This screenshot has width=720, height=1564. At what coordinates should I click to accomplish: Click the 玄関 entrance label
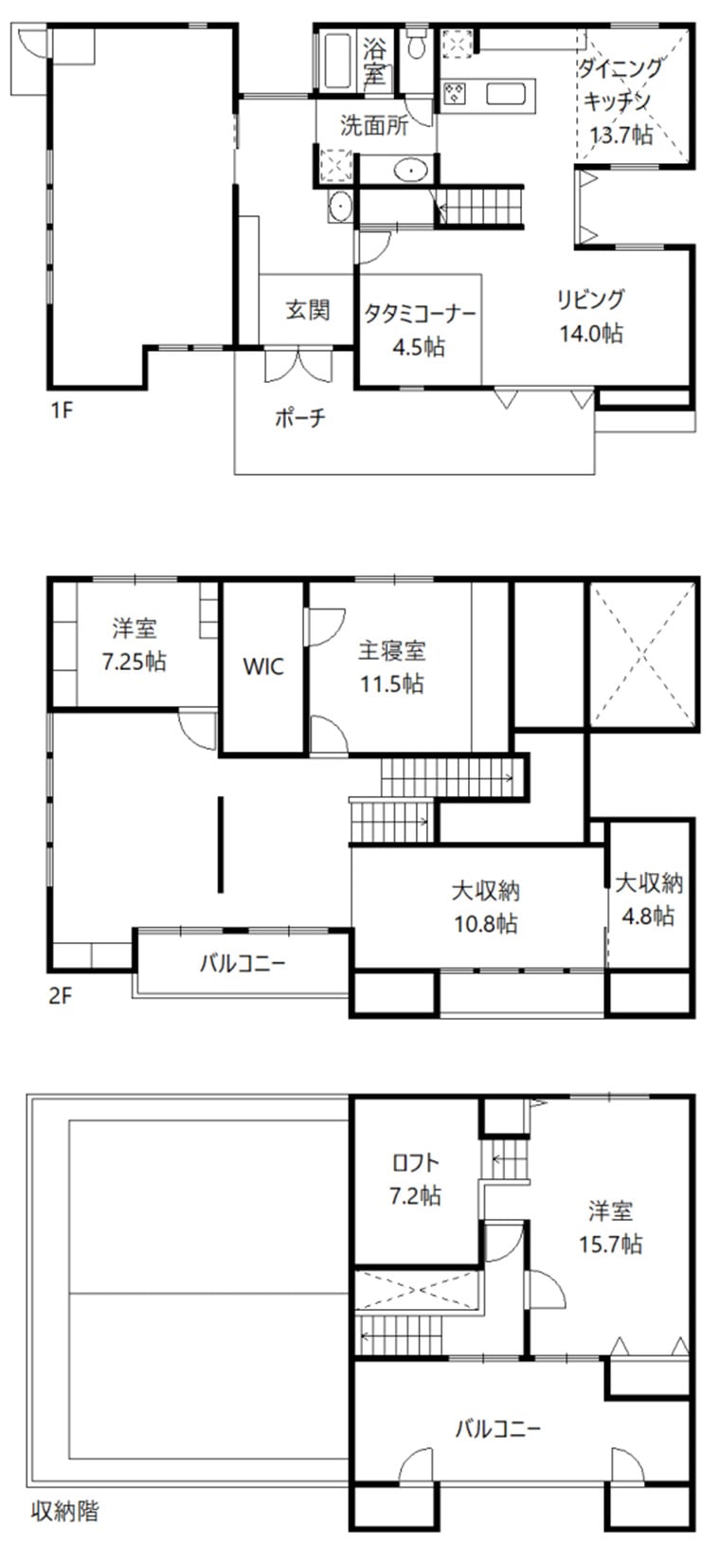tap(308, 309)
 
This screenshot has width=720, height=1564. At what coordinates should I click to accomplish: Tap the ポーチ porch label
tap(300, 417)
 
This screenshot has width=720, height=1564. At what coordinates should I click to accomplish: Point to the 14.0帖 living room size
tap(591, 333)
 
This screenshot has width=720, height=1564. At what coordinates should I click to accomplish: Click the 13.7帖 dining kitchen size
tap(621, 134)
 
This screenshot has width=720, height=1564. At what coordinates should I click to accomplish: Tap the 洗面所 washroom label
tap(374, 126)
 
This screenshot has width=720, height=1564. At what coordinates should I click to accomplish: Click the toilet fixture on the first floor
tap(417, 44)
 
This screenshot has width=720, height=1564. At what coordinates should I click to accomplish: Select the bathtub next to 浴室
tap(337, 61)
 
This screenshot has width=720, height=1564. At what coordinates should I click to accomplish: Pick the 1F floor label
tap(62, 409)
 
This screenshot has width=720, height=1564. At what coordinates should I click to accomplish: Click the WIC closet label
tap(263, 666)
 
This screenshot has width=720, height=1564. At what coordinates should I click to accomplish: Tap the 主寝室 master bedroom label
tap(391, 651)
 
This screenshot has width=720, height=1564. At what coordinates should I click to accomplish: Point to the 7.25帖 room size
tap(134, 661)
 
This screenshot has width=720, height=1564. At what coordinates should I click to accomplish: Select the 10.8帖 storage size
tap(486, 924)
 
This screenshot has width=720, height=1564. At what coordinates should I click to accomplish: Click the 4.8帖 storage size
tap(648, 916)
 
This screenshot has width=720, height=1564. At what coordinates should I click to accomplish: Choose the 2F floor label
tap(61, 994)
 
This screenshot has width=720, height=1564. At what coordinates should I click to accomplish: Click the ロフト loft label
tap(416, 1162)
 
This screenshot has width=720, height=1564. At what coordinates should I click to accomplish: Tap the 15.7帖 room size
tap(610, 1244)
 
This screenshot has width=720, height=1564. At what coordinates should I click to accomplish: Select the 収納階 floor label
tap(64, 1512)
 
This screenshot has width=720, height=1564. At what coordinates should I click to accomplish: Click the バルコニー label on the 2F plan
tap(243, 964)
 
